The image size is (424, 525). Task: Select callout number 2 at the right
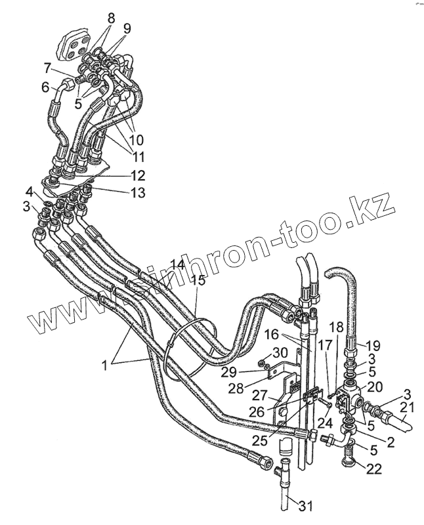click(x=391, y=442)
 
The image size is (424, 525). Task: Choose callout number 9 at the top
click(x=127, y=28)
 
